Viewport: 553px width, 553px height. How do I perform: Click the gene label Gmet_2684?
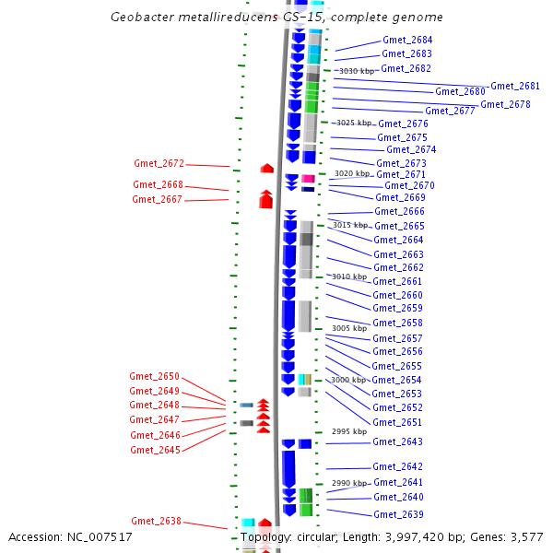coord(406,41)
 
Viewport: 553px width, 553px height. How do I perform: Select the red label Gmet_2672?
coord(159,164)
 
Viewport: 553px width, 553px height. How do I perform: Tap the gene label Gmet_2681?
coord(514,86)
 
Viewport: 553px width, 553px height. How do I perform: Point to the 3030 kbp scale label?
coord(357,71)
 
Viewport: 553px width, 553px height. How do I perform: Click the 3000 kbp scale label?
coord(348,380)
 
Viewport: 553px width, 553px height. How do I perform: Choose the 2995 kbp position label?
coord(348,431)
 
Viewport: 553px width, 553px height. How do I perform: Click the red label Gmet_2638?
coord(156,522)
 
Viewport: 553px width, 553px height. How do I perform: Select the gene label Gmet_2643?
coord(397,442)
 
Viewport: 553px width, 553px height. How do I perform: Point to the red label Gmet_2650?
coord(154,377)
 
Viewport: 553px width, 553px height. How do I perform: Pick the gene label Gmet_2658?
coord(397,324)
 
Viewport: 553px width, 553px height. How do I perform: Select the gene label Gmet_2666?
coord(399,212)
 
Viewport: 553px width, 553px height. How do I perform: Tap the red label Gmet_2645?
coord(155,450)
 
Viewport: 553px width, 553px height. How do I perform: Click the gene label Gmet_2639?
coord(398,514)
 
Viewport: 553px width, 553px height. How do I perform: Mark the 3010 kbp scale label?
coord(349,276)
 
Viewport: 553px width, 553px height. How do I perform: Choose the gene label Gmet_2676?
coord(403,124)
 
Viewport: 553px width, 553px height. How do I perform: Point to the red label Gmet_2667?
coord(157,199)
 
